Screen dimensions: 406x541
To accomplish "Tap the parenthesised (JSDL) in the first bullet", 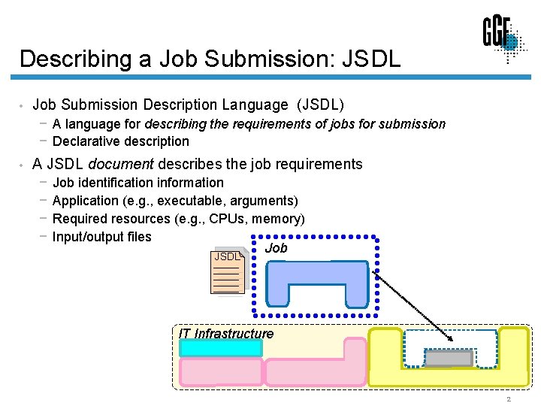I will pyautogui.click(x=321, y=105).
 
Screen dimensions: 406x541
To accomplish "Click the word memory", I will pyautogui.click(x=278, y=219).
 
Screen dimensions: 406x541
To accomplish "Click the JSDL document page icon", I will pyautogui.click(x=228, y=271).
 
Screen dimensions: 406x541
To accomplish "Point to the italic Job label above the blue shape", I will pyautogui.click(x=277, y=248).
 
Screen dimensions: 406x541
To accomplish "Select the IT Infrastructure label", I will pyautogui.click(x=226, y=333).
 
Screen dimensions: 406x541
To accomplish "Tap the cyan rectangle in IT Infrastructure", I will pyautogui.click(x=221, y=349).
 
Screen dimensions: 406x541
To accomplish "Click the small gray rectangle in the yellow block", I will pyautogui.click(x=449, y=359).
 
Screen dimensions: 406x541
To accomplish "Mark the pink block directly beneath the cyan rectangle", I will pyautogui.click(x=221, y=371).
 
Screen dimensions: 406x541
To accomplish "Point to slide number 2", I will pyautogui.click(x=508, y=399).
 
